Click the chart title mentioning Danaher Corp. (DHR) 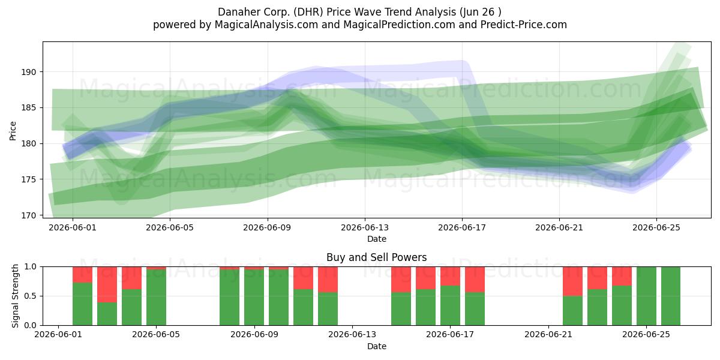(359, 12)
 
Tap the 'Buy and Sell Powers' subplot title (376, 257)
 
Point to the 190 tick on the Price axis (29, 72)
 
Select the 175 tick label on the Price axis (29, 179)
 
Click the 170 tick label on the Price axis (29, 215)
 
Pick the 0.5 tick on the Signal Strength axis (30, 296)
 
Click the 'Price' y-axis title (13, 131)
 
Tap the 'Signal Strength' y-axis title (15, 296)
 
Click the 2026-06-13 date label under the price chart (365, 227)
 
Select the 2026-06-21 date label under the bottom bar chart (548, 335)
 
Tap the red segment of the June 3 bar (107, 284)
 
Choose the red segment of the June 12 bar (328, 280)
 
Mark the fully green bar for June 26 (671, 296)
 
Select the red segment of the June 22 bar (572, 281)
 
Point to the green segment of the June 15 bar (401, 308)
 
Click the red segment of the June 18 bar (475, 280)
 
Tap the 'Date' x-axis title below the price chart (376, 239)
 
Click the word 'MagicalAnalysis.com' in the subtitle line (266, 25)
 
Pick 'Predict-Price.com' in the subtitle (524, 25)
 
